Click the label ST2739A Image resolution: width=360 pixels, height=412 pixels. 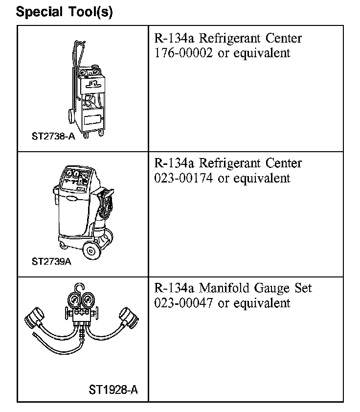[52, 261]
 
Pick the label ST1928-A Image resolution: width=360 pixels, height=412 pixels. [113, 390]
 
